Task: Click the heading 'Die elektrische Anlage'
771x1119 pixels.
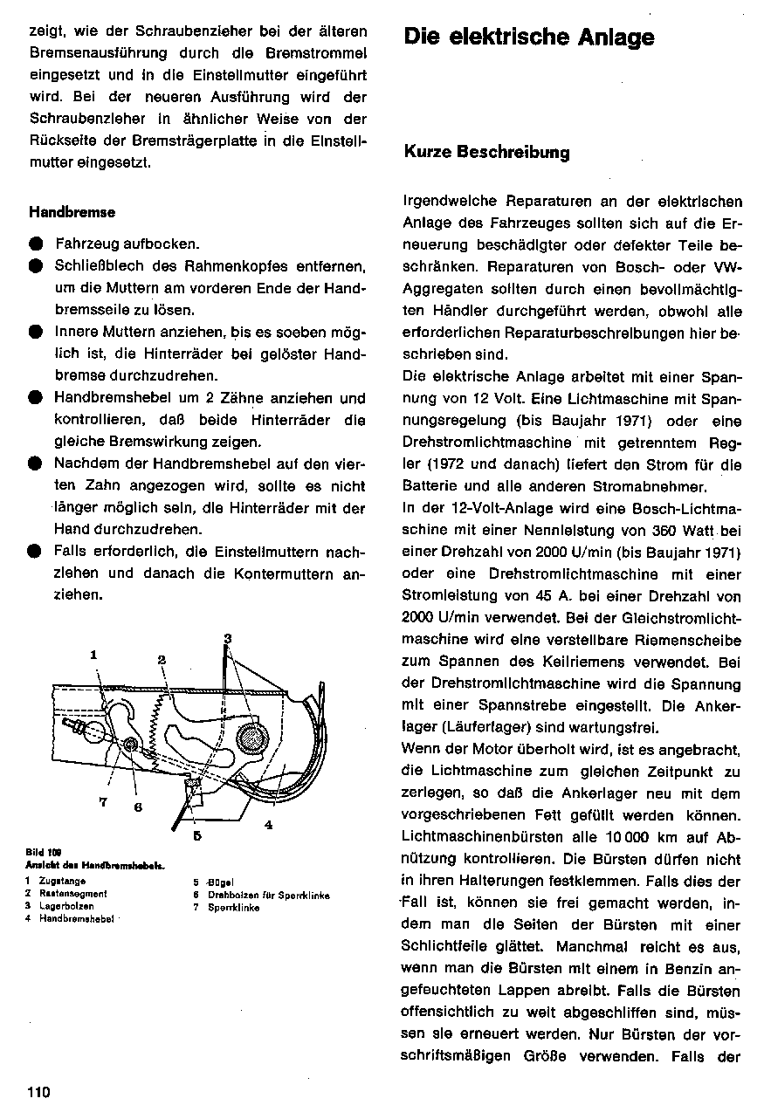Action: click(528, 38)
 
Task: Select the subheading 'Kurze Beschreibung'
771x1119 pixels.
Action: click(486, 153)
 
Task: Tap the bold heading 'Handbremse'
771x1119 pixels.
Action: click(72, 212)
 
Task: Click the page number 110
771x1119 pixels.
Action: click(39, 1093)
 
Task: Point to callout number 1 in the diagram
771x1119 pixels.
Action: click(93, 654)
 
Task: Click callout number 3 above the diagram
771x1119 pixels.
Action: click(227, 637)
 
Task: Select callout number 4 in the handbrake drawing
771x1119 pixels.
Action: click(268, 824)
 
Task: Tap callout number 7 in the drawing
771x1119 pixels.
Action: click(103, 803)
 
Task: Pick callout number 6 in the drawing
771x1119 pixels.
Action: click(137, 807)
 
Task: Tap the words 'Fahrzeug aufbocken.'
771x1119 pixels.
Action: click(127, 244)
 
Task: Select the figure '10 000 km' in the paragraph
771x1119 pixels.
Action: click(638, 837)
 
